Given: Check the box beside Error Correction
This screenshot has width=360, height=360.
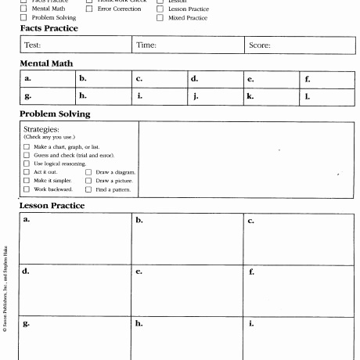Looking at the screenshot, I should point(89,9).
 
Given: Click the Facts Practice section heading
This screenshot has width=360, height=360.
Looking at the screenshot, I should point(49,28).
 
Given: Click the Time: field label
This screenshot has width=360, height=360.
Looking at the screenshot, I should point(146,45).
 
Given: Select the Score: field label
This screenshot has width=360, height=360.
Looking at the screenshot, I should point(259,45).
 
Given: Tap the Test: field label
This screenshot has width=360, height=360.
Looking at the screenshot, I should point(32,45).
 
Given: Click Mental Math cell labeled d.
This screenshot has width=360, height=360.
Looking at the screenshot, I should point(215,79).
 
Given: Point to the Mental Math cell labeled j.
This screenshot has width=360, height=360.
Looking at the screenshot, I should point(215,97).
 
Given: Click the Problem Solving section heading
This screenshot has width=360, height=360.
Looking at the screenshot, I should point(55,113).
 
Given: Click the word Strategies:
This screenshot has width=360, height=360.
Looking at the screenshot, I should point(41,129).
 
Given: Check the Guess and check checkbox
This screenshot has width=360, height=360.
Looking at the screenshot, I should point(27,155).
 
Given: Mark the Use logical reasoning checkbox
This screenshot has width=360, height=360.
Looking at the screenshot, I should point(27,164).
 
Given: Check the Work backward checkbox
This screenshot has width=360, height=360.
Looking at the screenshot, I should point(27,189).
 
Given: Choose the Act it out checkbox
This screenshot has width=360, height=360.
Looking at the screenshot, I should point(27,172).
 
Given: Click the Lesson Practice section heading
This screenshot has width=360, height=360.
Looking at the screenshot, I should point(52,206).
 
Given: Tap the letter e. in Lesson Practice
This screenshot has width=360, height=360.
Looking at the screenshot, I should point(139,272).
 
